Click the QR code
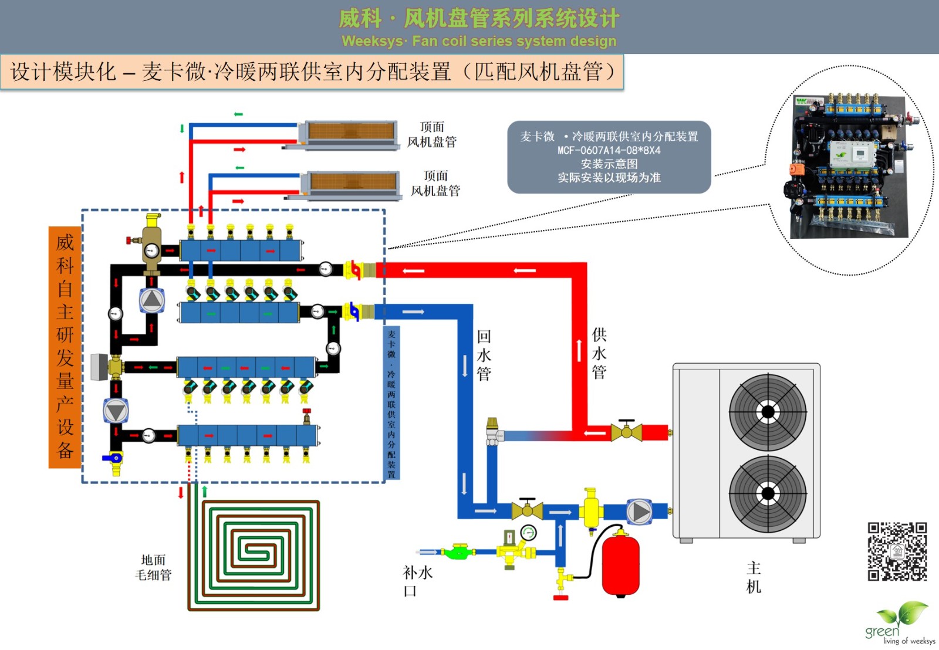click(897, 551)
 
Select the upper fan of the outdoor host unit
click(767, 412)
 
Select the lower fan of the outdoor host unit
click(767, 493)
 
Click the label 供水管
click(599, 353)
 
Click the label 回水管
click(484, 355)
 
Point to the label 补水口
click(417, 581)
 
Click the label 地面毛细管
click(153, 567)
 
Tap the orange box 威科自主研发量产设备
click(65, 347)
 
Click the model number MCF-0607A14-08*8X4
click(609, 150)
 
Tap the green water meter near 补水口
click(457, 551)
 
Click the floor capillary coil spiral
click(254, 554)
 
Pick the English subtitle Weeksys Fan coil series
click(479, 41)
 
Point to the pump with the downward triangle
click(116, 411)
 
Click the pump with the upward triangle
click(151, 300)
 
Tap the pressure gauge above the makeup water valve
click(528, 533)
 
